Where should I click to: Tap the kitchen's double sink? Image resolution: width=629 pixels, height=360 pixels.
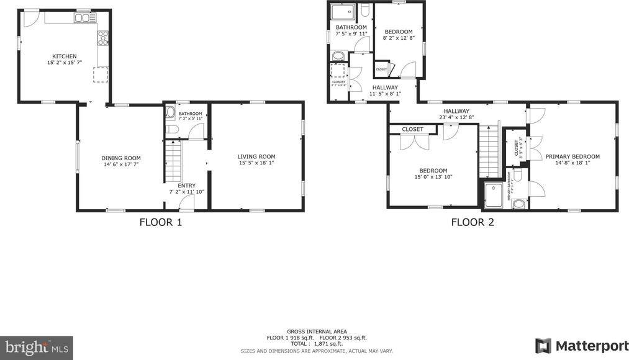click(x=83, y=19)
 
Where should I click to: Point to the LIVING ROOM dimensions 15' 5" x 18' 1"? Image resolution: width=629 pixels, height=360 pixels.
click(x=256, y=163)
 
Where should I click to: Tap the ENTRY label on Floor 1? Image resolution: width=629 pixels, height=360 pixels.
click(x=186, y=186)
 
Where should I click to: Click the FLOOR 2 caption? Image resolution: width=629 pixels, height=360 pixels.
click(x=472, y=222)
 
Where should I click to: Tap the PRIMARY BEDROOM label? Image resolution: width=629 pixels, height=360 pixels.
click(x=572, y=156)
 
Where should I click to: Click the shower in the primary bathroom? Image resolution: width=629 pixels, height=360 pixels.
click(x=495, y=194)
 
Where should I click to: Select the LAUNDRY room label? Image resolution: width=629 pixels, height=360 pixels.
click(x=338, y=81)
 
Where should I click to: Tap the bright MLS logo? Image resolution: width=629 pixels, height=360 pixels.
click(x=36, y=347)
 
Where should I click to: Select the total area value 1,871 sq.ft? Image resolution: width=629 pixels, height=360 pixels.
click(x=327, y=343)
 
